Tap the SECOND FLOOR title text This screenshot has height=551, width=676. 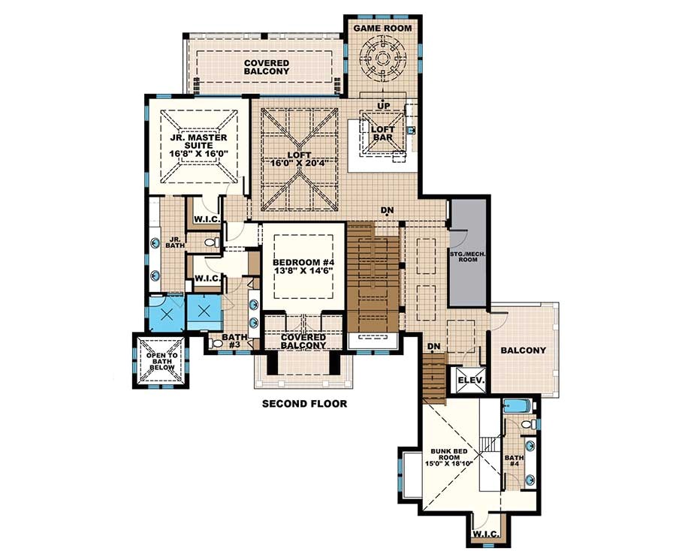(304, 404)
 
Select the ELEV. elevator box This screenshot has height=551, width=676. (472, 381)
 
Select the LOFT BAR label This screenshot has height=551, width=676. (383, 134)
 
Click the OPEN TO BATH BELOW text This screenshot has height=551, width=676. (161, 362)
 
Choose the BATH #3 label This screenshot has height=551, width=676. (230, 342)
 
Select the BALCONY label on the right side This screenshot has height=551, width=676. (524, 351)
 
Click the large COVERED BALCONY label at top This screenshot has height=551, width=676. (266, 66)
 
